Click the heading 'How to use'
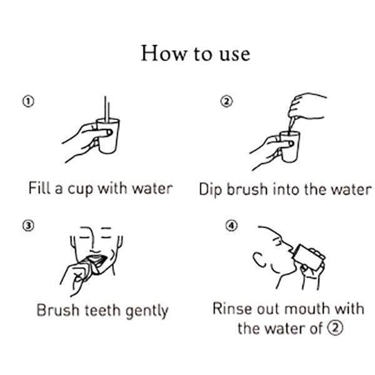(195, 53)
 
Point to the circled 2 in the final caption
(336, 327)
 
